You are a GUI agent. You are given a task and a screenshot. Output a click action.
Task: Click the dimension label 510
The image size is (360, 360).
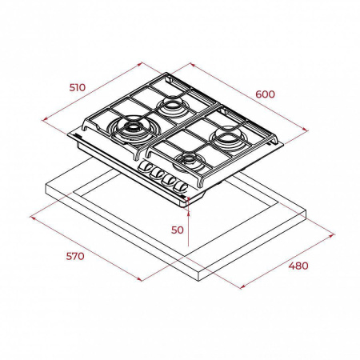[78, 87]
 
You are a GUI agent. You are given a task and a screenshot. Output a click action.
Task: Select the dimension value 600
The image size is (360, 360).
[265, 94]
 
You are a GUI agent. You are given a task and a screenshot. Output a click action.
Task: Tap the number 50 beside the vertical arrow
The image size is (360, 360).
[178, 230]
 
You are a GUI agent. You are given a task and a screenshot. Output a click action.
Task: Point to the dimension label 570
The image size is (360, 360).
[75, 256]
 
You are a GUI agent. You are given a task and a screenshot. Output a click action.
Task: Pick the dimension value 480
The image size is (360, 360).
[298, 266]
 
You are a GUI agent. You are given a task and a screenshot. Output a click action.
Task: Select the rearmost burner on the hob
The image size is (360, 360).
[172, 106]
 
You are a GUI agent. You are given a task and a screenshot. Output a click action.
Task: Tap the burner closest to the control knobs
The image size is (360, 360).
[189, 162]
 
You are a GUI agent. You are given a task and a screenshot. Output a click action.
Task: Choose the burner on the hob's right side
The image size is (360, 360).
[227, 138]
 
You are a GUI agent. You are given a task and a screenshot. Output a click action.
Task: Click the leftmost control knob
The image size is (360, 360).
[145, 166]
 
